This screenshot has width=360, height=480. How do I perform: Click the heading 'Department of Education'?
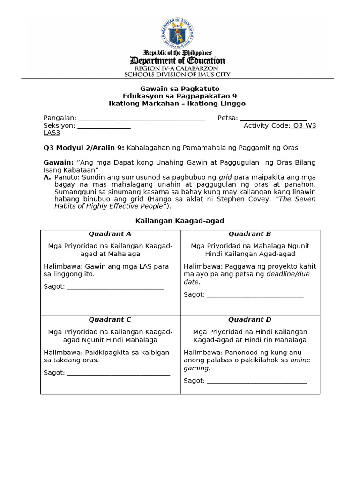[177, 61]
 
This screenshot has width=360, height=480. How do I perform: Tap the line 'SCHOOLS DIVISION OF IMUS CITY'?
[177, 74]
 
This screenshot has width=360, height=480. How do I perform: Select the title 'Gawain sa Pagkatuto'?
[180, 89]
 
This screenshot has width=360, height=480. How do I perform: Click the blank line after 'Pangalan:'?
[141, 119]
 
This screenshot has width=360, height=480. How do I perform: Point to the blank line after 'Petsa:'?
[273, 119]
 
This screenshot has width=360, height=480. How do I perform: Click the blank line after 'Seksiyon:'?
[104, 126]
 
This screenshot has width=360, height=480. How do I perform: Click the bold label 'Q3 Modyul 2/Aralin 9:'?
[84, 148]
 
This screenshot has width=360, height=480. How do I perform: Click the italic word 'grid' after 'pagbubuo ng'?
[225, 177]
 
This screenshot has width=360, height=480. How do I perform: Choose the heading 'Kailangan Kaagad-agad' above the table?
[180, 221]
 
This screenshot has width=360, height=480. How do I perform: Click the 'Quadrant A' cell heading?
[110, 234]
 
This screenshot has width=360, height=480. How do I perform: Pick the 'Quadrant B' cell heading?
[250, 234]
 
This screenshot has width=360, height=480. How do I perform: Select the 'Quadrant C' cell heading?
[110, 320]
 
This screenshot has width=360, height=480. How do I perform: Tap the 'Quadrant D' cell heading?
[250, 320]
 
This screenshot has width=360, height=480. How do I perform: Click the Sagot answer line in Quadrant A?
[115, 287]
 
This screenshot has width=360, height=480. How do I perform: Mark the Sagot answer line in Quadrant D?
[257, 381]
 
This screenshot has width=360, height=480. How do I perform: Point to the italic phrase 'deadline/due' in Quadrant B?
[288, 274]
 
